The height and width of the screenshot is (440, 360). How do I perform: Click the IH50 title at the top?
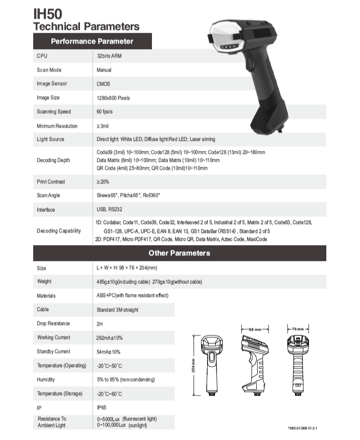[x=48, y=14]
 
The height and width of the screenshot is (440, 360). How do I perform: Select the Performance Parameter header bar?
[x=92, y=41]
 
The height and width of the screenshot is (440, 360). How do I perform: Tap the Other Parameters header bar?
[x=180, y=253]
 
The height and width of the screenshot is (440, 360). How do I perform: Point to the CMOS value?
[x=103, y=84]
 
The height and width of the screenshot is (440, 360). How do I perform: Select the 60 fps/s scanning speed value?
[x=106, y=112]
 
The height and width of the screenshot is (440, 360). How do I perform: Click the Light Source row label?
[x=50, y=139]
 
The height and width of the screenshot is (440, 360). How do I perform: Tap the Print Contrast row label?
[x=51, y=181]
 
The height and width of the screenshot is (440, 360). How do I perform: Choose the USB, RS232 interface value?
[x=109, y=209]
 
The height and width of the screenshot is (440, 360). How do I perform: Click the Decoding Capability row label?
[x=59, y=231]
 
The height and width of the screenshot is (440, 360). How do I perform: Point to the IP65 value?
[x=101, y=407]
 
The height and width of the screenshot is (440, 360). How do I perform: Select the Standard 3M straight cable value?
[x=117, y=310]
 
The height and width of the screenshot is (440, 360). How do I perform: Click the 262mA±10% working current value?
[x=109, y=338]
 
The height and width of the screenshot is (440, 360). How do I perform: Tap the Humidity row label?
[x=46, y=379]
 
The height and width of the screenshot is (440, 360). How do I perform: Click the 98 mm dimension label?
[x=255, y=329]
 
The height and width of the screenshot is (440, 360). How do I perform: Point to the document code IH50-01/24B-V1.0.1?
[x=305, y=428]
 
